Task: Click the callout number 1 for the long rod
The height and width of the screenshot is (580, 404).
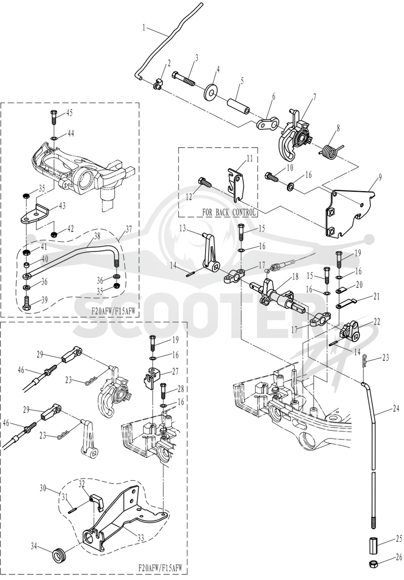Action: (x=144, y=27)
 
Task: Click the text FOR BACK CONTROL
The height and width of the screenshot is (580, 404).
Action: (x=229, y=213)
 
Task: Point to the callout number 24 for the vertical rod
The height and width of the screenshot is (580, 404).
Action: (x=395, y=409)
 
